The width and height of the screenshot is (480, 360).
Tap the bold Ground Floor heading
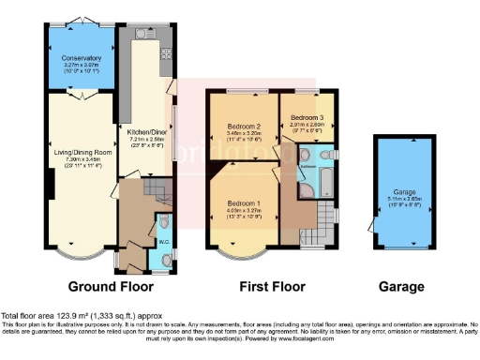104,286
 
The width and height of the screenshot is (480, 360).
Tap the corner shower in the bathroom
307,192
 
